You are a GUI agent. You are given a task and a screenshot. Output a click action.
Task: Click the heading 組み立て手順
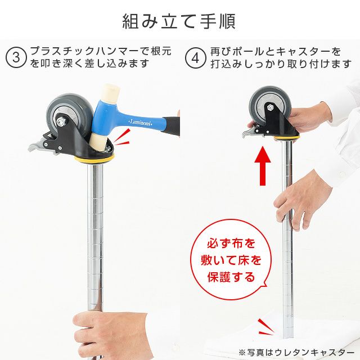pyautogui.click(x=179, y=21)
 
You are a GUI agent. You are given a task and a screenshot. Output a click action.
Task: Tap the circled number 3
pyautogui.click(x=16, y=57)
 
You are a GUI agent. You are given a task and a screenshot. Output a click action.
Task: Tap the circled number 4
pyautogui.click(x=195, y=58)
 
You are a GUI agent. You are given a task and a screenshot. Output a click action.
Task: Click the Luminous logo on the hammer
pyautogui.click(x=141, y=123)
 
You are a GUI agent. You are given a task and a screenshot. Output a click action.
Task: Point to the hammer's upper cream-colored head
pyautogui.click(x=111, y=92)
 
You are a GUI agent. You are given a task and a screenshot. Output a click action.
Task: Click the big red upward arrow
pyautogui.click(x=263, y=166)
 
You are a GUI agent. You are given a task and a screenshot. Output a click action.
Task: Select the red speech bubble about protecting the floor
pyautogui.click(x=231, y=260)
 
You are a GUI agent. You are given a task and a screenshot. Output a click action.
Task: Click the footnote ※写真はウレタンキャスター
pyautogui.click(x=296, y=352)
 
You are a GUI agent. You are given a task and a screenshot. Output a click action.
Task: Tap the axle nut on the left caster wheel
pyautogui.click(x=61, y=121)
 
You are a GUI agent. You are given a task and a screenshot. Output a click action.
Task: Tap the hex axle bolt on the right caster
pyautogui.click(x=270, y=107)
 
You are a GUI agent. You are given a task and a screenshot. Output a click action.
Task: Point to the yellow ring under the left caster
pyautogui.click(x=94, y=159)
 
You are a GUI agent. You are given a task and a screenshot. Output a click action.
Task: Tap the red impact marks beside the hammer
pyautogui.click(x=121, y=138)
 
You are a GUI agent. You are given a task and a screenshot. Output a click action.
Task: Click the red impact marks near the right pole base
pyautogui.click(x=266, y=327)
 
